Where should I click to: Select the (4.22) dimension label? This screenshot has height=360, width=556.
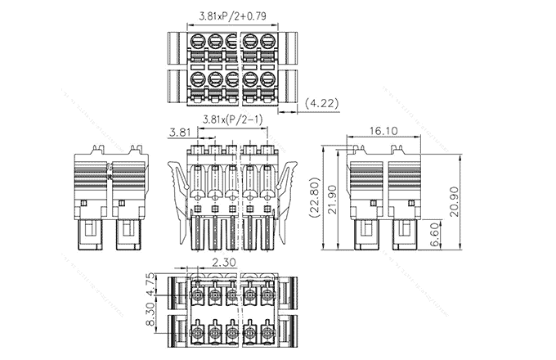click(x=321, y=104)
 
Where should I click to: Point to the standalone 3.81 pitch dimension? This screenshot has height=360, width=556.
click(x=181, y=132)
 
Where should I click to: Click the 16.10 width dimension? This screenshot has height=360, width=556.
click(x=383, y=130)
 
